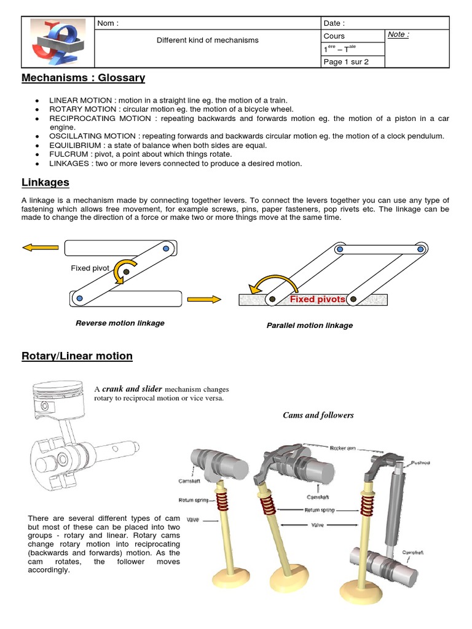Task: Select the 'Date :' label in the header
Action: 334,23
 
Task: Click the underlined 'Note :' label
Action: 398,35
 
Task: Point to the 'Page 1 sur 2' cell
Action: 346,61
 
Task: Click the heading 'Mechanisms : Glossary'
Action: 83,78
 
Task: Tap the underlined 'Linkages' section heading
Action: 45,183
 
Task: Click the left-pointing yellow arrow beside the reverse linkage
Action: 41,248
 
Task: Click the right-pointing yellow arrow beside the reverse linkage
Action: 203,299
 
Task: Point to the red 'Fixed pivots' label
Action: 317,299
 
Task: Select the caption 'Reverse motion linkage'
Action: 120,323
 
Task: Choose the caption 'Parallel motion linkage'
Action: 309,325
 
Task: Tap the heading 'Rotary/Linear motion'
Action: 77,356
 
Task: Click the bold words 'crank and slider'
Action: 132,389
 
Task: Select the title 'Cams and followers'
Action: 318,415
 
